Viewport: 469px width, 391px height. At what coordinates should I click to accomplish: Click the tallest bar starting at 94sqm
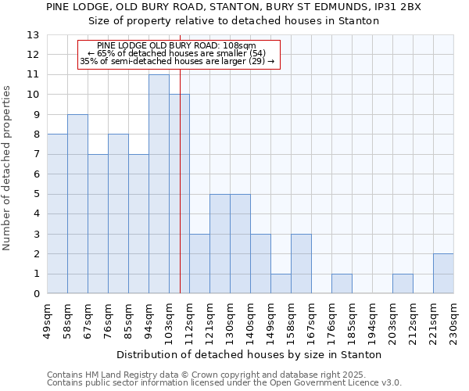tap(159, 184)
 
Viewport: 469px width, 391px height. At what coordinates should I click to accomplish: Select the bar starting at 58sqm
tap(77, 204)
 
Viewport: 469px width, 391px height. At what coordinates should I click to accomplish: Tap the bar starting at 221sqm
tap(443, 274)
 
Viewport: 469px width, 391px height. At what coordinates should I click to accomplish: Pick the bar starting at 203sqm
tap(403, 284)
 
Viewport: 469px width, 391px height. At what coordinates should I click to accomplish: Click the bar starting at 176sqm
tap(342, 284)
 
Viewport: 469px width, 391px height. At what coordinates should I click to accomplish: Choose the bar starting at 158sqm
tap(301, 264)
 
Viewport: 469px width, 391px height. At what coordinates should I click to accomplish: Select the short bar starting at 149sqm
tap(281, 284)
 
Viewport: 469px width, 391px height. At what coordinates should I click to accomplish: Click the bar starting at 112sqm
tap(199, 264)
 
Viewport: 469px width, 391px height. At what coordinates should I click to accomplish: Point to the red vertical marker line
tap(180, 195)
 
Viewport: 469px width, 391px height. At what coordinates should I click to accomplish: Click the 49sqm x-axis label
tap(47, 320)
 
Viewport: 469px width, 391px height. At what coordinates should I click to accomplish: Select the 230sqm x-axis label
tap(453, 320)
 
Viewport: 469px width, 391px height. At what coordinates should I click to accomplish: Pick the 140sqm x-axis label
tap(250, 320)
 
